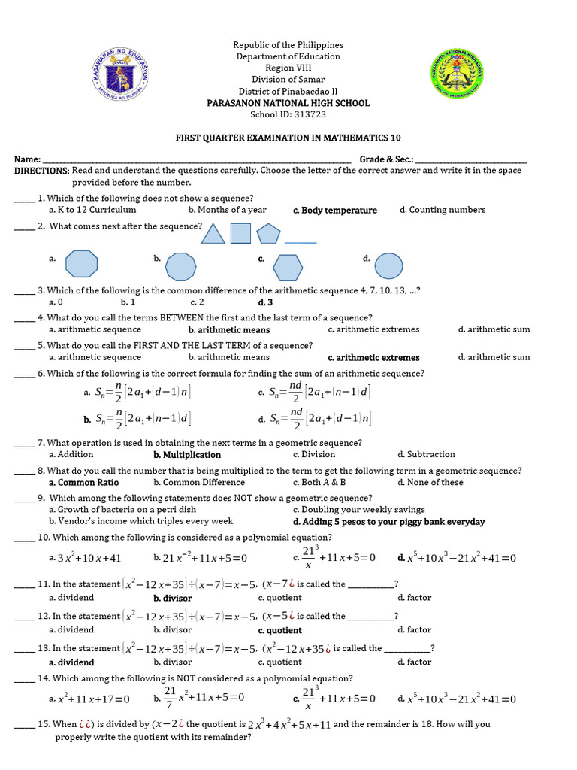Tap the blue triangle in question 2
[213, 234]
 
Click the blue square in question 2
[240, 234]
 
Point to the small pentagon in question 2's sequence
[267, 234]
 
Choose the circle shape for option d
[388, 266]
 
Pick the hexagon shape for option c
[287, 267]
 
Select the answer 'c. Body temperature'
[335, 211]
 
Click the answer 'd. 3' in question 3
[265, 302]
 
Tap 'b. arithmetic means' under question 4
[229, 329]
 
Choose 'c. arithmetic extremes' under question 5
[374, 358]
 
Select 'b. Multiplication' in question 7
[187, 455]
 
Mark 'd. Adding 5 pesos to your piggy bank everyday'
[388, 522]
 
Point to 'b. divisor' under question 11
[173, 599]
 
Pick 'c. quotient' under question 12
[279, 631]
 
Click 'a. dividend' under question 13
[71, 662]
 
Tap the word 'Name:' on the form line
[27, 159]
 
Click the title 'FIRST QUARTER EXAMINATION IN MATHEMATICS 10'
[288, 138]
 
